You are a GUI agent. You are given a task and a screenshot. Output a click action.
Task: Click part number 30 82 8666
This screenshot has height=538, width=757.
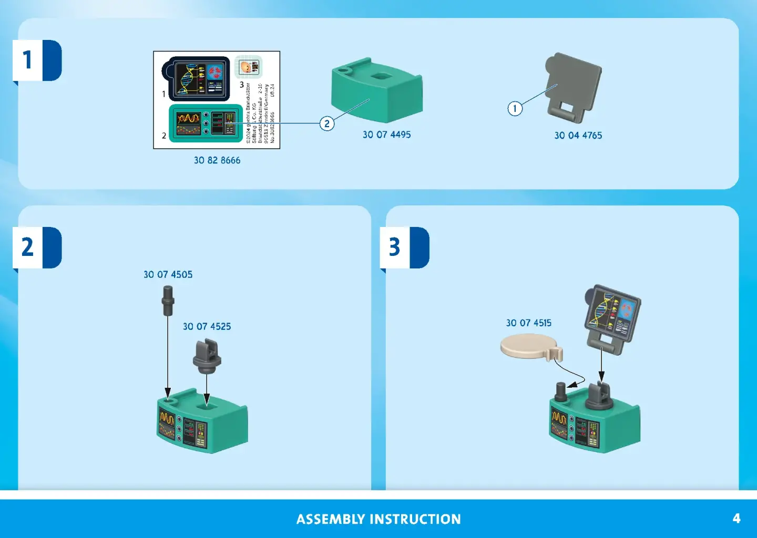click(x=217, y=160)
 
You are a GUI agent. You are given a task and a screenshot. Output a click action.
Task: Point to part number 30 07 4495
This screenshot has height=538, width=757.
click(x=386, y=134)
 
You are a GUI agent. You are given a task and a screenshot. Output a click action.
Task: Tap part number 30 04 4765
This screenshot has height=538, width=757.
click(x=578, y=136)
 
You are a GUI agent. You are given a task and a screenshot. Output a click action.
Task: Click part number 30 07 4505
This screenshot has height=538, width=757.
click(x=168, y=274)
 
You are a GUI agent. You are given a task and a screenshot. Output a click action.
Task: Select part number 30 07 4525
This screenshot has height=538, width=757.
click(x=207, y=326)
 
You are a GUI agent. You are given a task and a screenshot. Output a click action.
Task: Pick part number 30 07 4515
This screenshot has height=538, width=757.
click(x=528, y=323)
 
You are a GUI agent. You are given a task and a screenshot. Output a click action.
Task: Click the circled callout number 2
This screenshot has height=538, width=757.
click(x=327, y=123)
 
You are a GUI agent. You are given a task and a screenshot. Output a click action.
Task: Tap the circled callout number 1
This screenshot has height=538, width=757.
click(x=515, y=109)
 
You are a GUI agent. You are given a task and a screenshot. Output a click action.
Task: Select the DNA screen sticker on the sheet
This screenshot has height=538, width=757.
click(x=200, y=79)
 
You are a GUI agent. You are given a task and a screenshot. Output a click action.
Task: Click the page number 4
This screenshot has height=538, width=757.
click(x=736, y=519)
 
